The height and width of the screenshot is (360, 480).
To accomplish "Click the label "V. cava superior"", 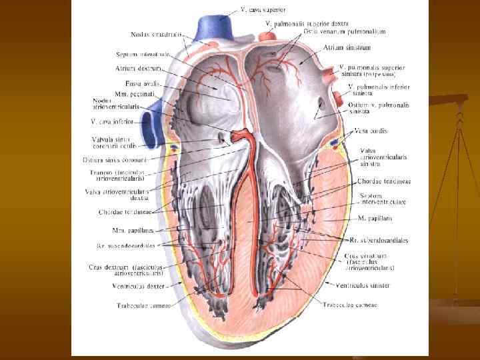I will (263, 10).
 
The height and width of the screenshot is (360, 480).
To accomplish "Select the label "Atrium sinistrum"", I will (347, 47).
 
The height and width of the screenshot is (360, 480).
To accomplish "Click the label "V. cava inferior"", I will (113, 122).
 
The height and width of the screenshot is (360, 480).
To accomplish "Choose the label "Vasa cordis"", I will (371, 130).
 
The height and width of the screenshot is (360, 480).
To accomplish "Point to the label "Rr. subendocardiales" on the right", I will (379, 240).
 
